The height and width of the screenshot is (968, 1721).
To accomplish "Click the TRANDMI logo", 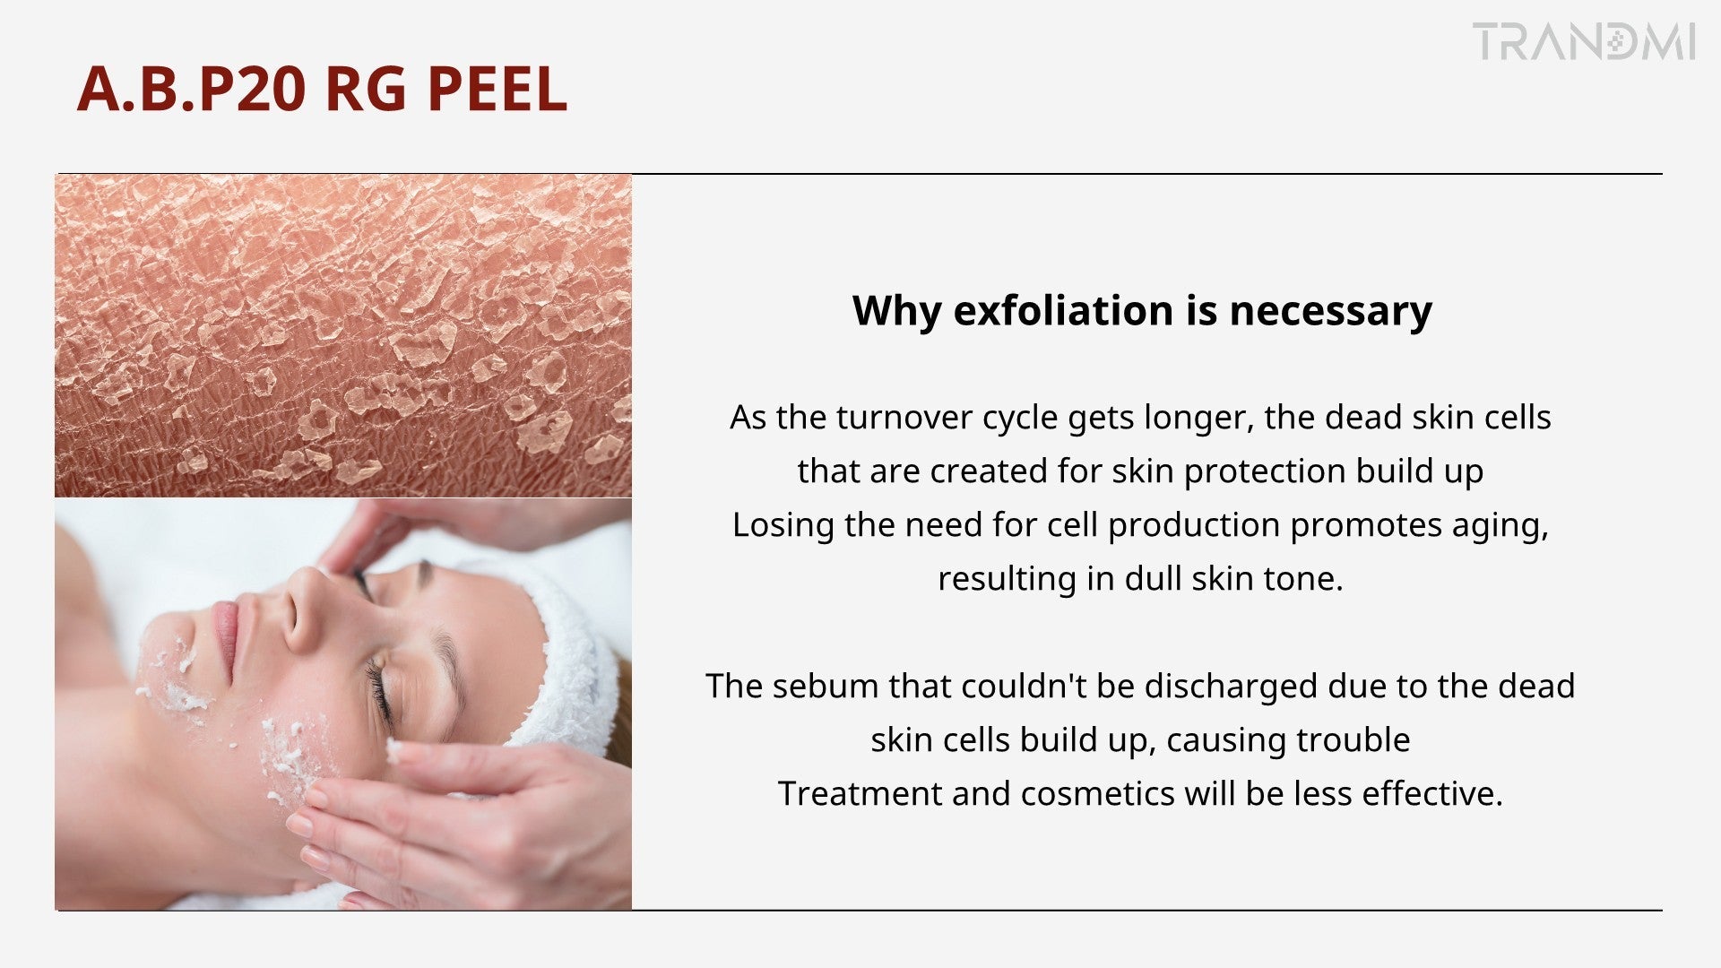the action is point(1585,42).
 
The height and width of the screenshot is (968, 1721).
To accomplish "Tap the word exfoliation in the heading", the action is point(1063,310).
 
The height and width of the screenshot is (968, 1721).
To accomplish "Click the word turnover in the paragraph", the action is point(904,418).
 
